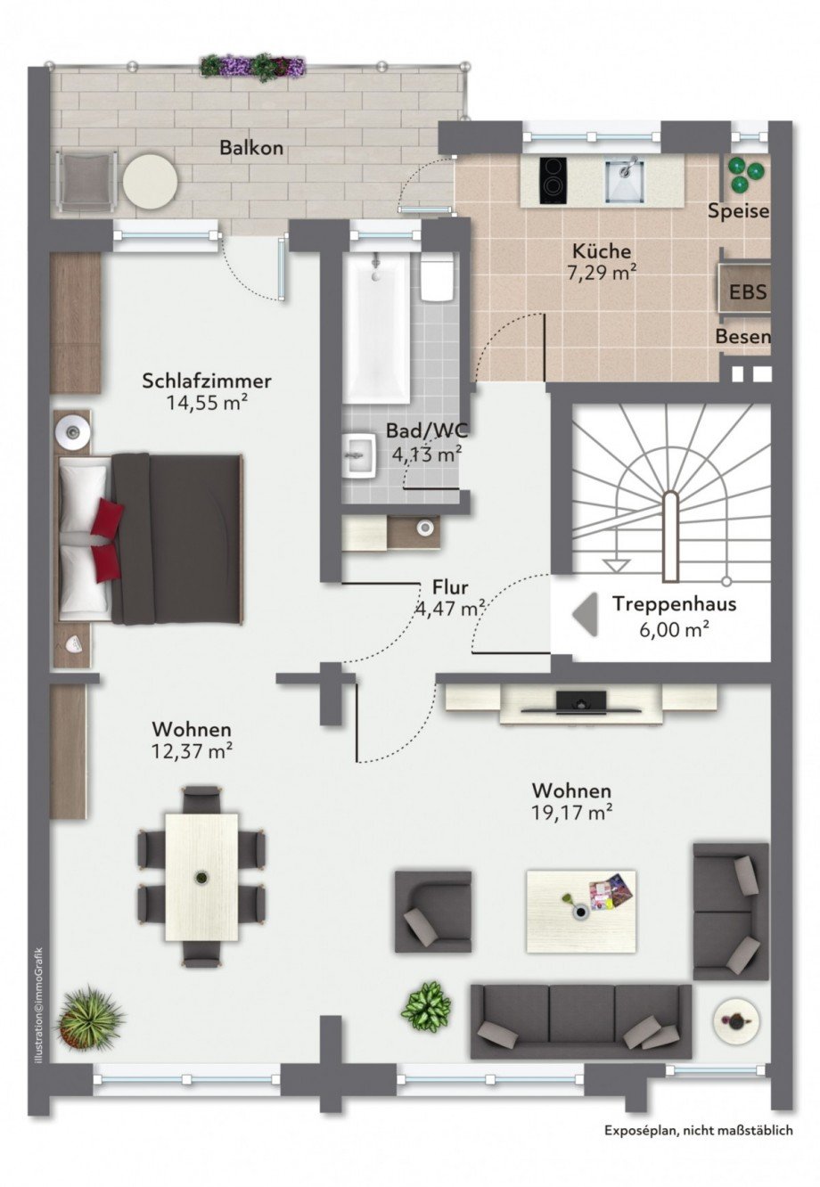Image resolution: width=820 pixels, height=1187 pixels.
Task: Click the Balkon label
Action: click(x=251, y=147)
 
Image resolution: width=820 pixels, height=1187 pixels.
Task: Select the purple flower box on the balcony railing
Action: click(x=253, y=65)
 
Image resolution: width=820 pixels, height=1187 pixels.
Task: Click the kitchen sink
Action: click(x=625, y=180)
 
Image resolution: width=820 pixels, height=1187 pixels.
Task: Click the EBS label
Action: click(x=748, y=292)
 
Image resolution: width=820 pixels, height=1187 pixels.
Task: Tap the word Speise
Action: click(x=738, y=211)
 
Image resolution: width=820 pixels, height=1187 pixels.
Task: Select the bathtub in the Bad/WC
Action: click(x=376, y=328)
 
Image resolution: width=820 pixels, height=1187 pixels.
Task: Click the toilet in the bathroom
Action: click(x=438, y=275)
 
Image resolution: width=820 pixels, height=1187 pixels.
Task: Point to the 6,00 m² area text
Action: click(x=674, y=629)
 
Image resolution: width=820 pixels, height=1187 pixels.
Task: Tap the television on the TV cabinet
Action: click(x=581, y=701)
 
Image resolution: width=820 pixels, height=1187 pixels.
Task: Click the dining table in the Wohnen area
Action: click(x=201, y=877)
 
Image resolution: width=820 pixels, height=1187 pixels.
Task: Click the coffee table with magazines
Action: click(x=581, y=911)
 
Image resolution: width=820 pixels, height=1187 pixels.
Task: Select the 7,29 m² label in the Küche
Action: click(x=602, y=274)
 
